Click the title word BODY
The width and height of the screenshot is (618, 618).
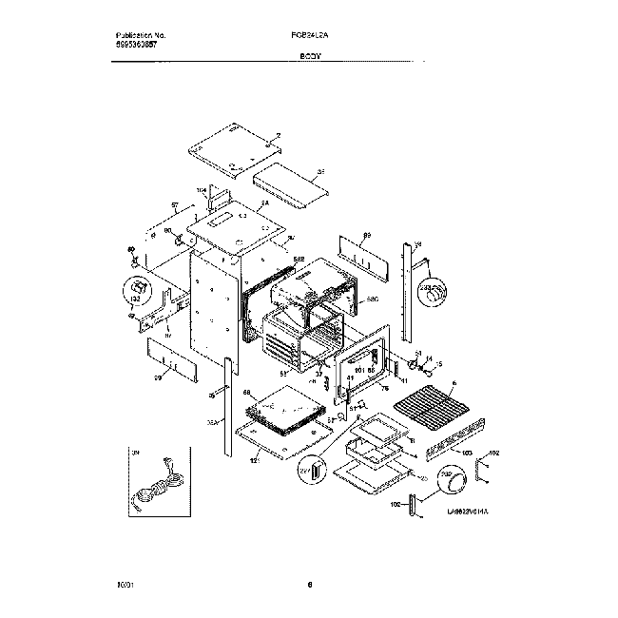coord(311,56)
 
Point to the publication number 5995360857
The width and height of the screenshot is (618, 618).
coord(130,45)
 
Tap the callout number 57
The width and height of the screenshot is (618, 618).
coord(175,204)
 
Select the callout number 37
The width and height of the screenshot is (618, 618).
coord(320,374)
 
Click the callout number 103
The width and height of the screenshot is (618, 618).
coord(466,454)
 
